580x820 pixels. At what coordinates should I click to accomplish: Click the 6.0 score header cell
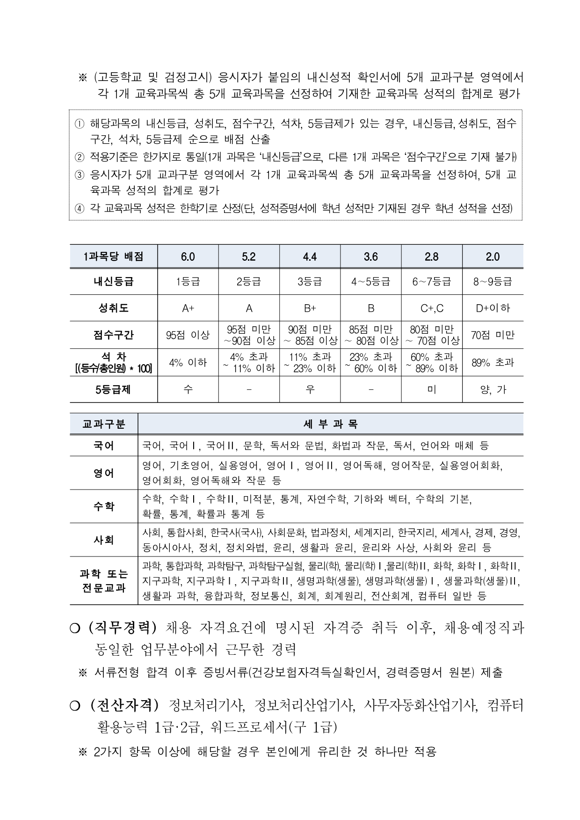pos(188,256)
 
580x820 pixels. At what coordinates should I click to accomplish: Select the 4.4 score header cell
pos(310,256)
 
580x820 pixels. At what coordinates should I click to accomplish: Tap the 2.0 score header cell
pos(493,256)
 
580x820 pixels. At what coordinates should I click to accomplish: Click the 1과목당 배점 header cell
pos(114,256)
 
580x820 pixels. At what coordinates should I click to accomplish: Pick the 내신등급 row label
pos(114,282)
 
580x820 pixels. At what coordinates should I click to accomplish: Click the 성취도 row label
pos(114,308)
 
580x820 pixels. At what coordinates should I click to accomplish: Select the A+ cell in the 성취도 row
pos(188,308)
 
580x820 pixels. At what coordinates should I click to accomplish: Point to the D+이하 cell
pos(493,308)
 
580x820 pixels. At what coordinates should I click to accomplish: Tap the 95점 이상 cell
pos(188,335)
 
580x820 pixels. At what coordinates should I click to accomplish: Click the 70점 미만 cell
pos(493,335)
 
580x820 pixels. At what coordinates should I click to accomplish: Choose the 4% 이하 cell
pos(188,362)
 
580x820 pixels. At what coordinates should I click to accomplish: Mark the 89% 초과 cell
pos(493,362)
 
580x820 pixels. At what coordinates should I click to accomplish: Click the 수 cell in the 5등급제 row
pos(188,389)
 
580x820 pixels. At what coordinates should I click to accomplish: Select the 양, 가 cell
pos(493,389)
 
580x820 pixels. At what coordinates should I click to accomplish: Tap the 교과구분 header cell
pos(104,425)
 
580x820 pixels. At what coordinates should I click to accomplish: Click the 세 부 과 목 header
pos(330,425)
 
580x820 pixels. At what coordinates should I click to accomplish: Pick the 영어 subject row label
pos(104,473)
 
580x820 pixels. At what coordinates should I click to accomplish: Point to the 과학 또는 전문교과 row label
pos(104,581)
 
